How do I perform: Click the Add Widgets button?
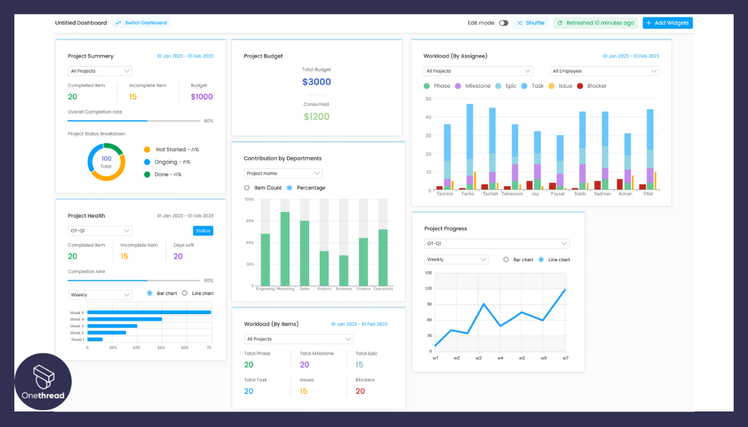[x=668, y=23]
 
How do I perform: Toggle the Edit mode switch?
[x=504, y=23]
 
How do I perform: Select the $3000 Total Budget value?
[x=317, y=82]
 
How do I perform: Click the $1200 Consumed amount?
[x=317, y=117]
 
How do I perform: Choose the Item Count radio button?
[x=247, y=188]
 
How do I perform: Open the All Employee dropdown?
[x=603, y=71]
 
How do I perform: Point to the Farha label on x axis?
[x=467, y=194]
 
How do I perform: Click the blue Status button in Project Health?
[x=203, y=231]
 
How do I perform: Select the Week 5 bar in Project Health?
[x=149, y=312]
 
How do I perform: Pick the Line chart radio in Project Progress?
[x=541, y=259]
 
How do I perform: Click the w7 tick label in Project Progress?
[x=565, y=358]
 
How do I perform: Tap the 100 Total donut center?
[x=106, y=161]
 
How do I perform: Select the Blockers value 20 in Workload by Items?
[x=360, y=391]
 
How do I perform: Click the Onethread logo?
[x=43, y=382]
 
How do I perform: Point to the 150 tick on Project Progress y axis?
[x=428, y=273]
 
